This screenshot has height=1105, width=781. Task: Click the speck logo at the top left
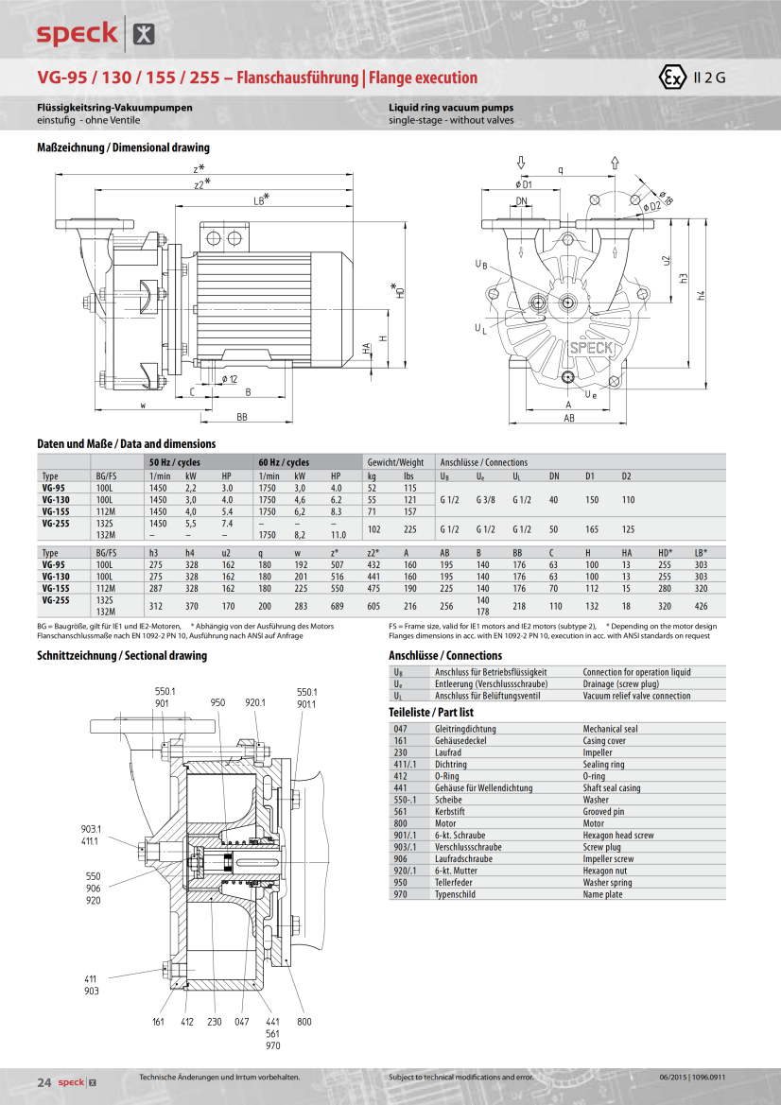77,34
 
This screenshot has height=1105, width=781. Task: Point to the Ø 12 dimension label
230,379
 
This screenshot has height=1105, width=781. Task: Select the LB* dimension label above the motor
261,199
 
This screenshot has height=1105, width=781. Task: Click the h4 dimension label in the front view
701,295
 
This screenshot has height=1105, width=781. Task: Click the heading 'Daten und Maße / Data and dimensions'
126,443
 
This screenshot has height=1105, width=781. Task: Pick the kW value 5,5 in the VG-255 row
190,523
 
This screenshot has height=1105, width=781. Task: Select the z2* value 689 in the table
337,606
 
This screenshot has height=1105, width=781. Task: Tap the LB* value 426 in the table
700,606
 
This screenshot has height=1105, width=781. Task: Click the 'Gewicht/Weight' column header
395,462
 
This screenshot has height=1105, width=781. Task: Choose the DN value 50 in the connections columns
554,528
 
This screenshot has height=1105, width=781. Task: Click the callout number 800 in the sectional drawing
304,1021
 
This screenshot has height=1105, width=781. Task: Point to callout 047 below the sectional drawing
241,1021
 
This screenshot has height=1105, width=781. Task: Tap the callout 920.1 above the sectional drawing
255,702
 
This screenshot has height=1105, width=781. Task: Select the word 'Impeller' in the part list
598,752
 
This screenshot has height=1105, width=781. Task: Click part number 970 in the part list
400,894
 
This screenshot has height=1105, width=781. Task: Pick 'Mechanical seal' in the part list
610,729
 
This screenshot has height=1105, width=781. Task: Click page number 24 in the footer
43,1081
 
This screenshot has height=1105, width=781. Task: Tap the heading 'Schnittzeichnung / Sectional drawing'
121,655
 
